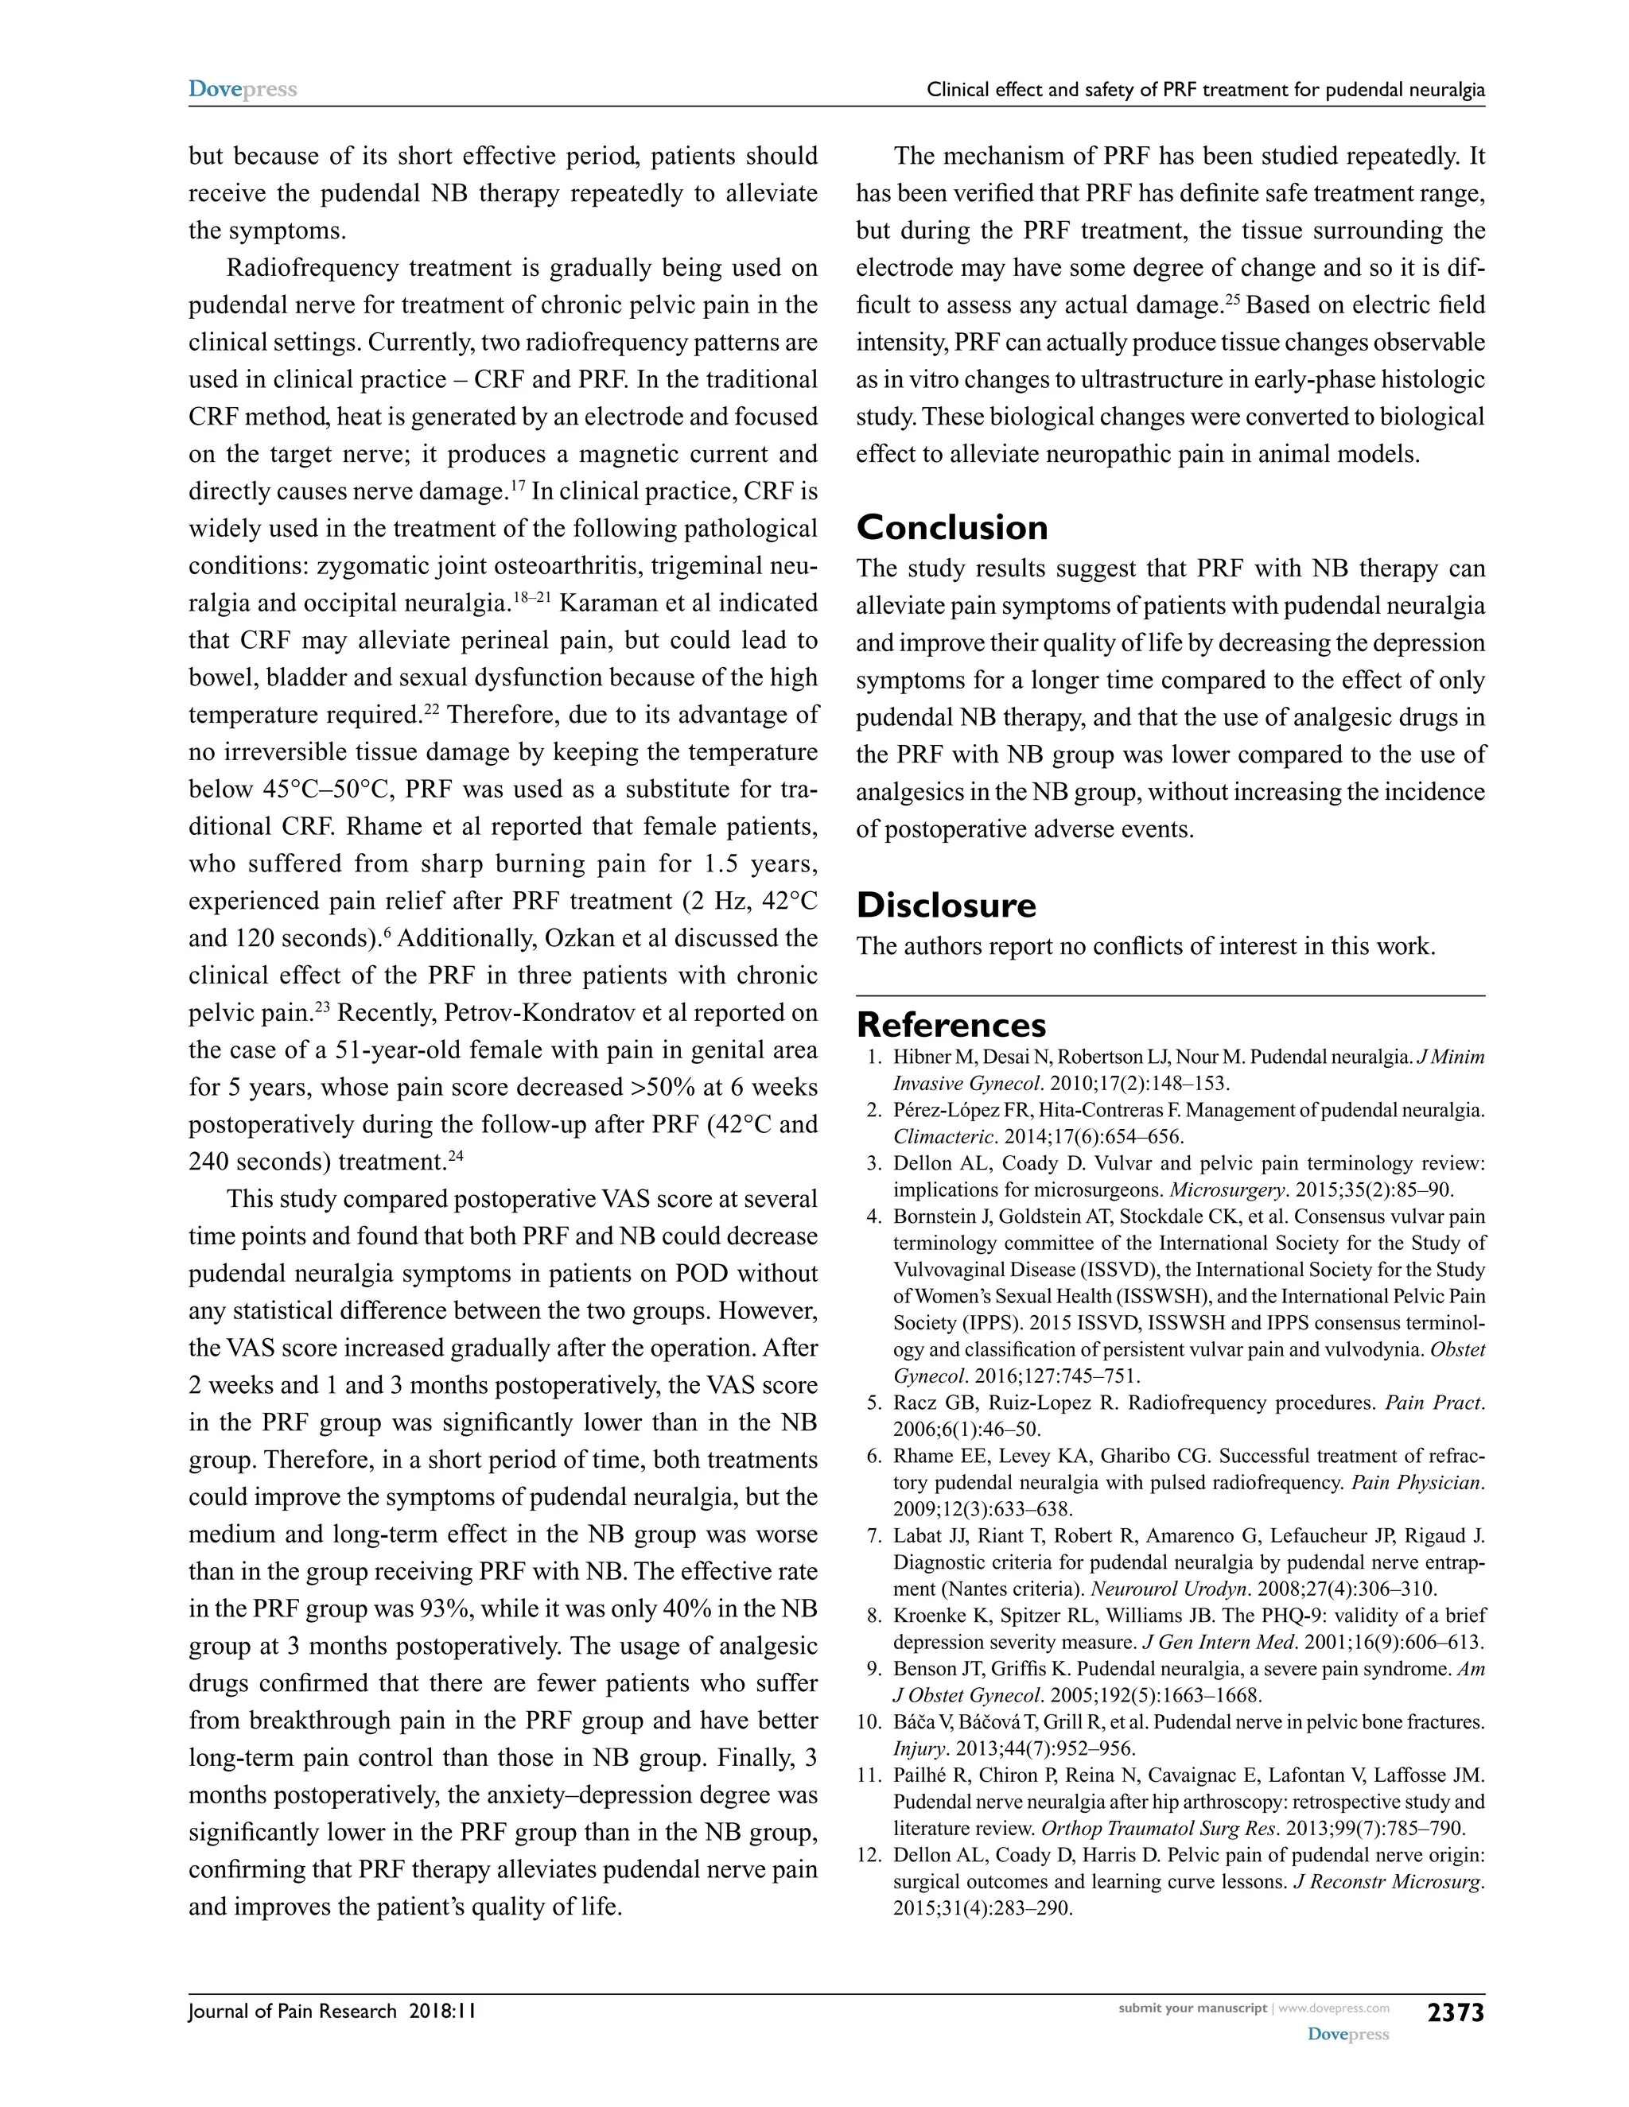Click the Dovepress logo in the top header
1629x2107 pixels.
[243, 89]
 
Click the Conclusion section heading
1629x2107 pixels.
[951, 528]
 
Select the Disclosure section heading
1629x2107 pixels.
[946, 905]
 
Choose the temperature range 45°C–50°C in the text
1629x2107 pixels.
[329, 790]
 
